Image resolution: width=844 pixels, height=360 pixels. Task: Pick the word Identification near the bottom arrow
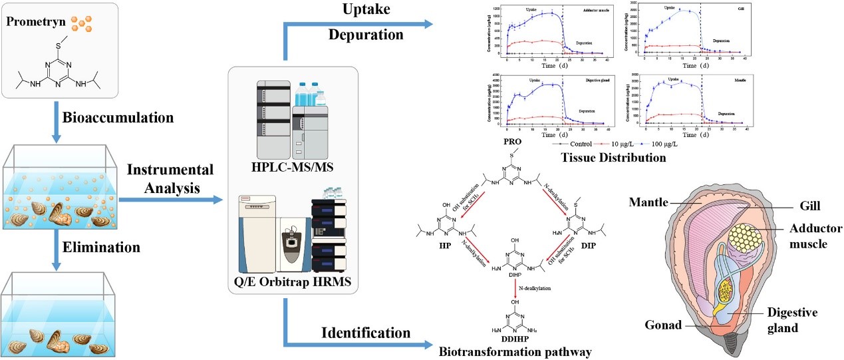365,331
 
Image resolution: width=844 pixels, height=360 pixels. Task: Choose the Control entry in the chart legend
583,144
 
